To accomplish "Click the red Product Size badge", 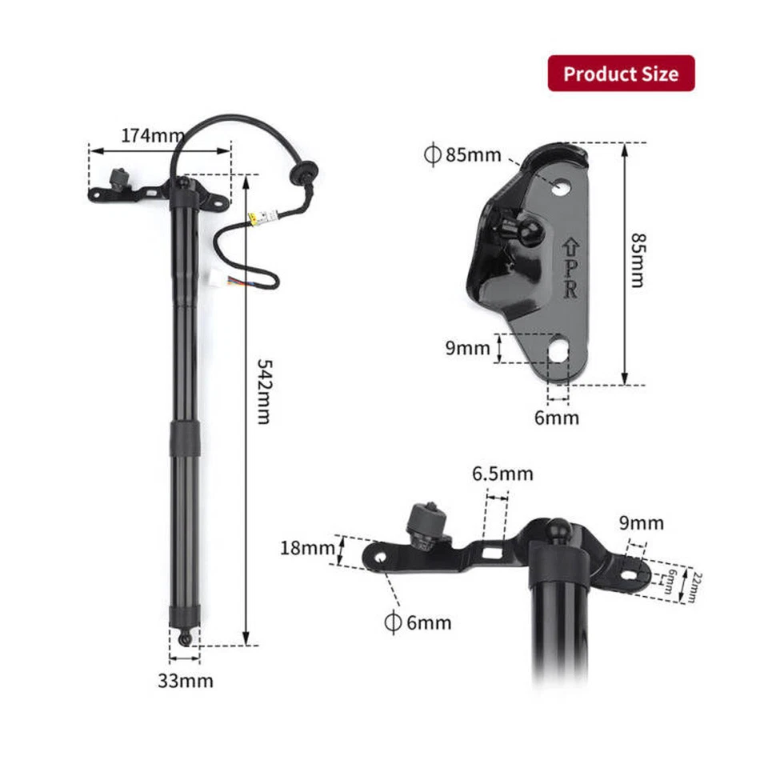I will tap(621, 74).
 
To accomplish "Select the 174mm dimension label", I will tap(153, 135).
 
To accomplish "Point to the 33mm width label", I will tap(185, 681).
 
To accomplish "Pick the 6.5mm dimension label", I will tap(502, 474).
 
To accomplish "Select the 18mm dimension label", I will tap(306, 548).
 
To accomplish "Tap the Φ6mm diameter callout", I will tap(418, 622).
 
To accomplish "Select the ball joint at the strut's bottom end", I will tap(186, 638).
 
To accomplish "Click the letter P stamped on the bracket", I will tap(570, 264).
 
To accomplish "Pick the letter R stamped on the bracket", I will tap(570, 288).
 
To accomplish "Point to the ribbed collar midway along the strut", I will tap(186, 437).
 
